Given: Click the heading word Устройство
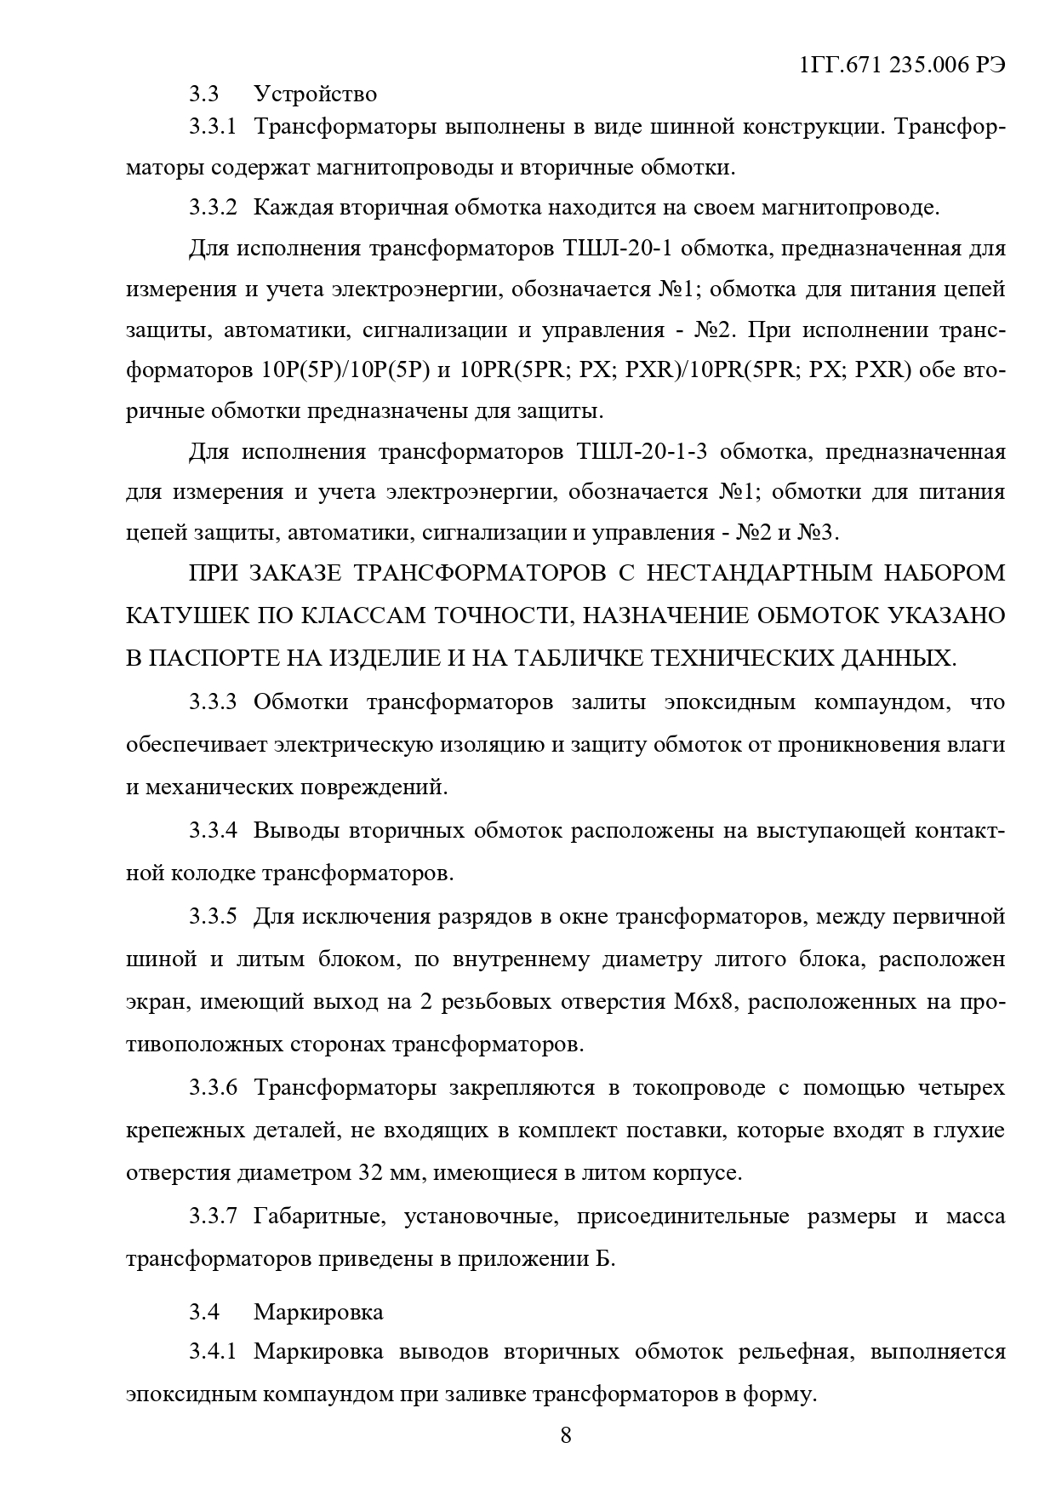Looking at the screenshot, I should [x=315, y=93].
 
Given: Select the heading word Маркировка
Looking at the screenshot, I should [x=317, y=1311].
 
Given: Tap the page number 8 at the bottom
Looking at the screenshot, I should [x=566, y=1435].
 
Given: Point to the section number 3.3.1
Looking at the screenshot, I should [x=212, y=128].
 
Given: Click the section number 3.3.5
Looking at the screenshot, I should [x=212, y=916].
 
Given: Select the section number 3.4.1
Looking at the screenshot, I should [x=212, y=1351].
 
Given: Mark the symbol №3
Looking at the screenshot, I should [x=817, y=533].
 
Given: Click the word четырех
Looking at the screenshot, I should [x=962, y=1088].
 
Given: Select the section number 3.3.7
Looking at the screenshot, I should [x=212, y=1216].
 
